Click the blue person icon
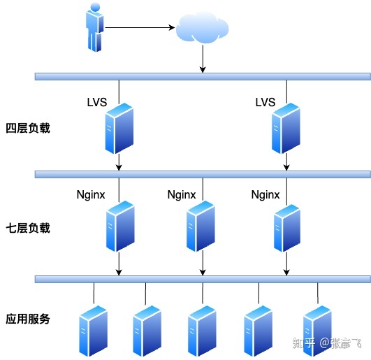(x=96, y=28)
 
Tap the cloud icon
(x=203, y=29)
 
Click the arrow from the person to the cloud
(x=140, y=29)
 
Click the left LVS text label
(x=97, y=103)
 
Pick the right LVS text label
(x=265, y=103)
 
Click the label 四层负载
(x=28, y=129)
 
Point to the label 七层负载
(x=28, y=228)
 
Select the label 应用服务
(x=28, y=319)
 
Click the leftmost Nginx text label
(x=91, y=195)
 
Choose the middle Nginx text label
(x=182, y=195)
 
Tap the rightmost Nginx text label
(x=265, y=195)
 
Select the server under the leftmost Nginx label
(x=119, y=226)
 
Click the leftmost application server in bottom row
(x=94, y=329)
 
